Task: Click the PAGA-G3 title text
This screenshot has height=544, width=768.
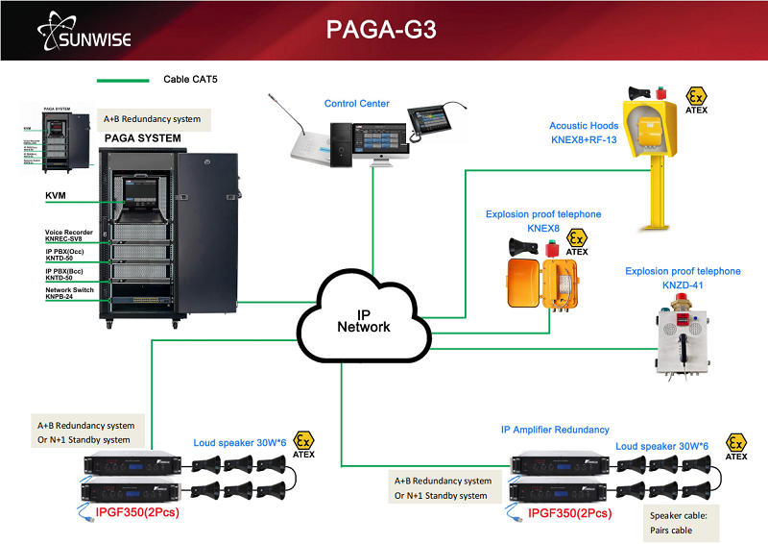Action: click(x=381, y=30)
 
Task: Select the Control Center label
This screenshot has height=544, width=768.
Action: click(x=356, y=103)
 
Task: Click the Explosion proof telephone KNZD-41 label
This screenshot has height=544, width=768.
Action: click(x=683, y=278)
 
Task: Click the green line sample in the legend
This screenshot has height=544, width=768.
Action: click(x=122, y=80)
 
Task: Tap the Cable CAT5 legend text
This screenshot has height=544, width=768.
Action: click(x=190, y=80)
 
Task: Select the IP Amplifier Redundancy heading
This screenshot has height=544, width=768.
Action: click(x=555, y=430)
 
